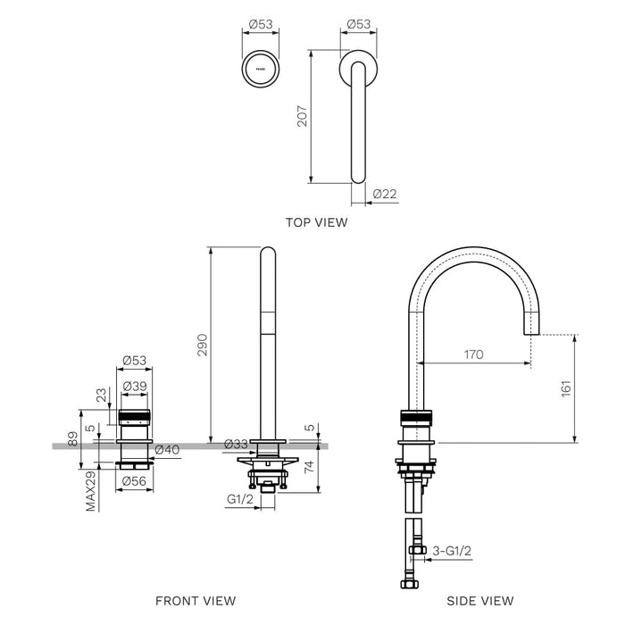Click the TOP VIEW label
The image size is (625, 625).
(316, 222)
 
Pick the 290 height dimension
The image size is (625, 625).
(201, 345)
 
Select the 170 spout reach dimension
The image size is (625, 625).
(473, 354)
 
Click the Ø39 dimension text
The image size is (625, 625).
(135, 385)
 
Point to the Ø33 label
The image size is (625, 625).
(236, 444)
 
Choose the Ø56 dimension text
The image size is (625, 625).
(134, 480)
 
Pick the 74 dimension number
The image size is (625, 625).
(310, 465)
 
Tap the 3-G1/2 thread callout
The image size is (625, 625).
(452, 552)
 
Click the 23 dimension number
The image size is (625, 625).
(101, 396)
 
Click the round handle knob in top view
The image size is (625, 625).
(261, 66)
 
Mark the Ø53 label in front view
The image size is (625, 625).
(134, 360)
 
